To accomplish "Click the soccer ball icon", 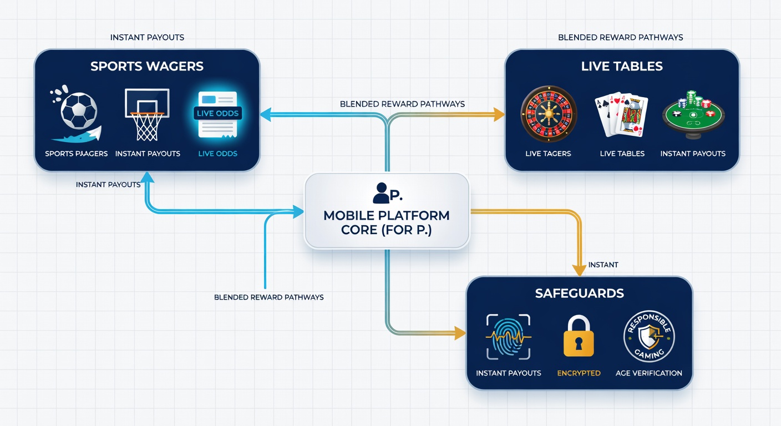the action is tap(78, 111).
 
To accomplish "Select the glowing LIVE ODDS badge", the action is tap(217, 113).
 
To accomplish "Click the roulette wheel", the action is tap(549, 114).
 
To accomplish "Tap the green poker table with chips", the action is tap(693, 115).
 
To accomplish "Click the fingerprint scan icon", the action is tap(508, 337).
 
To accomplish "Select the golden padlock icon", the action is tap(579, 336).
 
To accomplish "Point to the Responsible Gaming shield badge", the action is tap(649, 336).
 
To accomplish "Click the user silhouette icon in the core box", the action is tap(381, 193).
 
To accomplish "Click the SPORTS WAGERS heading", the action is tap(147, 66).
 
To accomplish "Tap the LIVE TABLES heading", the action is tap(622, 66).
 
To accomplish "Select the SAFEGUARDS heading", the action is tap(579, 293).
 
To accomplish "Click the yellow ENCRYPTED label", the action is tap(579, 373).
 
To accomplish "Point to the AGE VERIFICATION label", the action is tap(649, 373).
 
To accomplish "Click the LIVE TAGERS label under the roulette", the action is tap(548, 154).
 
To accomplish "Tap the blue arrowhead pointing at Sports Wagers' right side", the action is tap(266, 114).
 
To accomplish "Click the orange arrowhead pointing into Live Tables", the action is tap(499, 114).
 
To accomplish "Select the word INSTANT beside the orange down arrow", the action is tap(603, 265).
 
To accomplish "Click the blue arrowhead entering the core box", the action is tap(298, 211).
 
